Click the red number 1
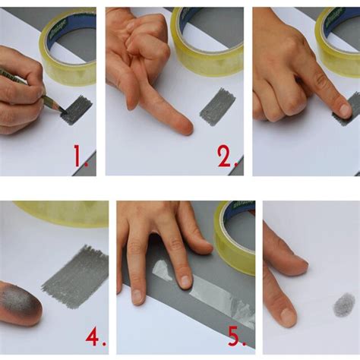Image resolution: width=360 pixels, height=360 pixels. pyautogui.click(x=80, y=156)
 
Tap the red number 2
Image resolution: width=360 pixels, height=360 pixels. pyautogui.click(x=226, y=156)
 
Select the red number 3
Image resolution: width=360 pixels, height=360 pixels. pyautogui.click(x=346, y=156)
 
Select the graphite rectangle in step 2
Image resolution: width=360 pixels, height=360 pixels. pyautogui.click(x=218, y=106)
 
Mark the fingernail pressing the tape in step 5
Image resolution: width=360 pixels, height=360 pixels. pyautogui.click(x=185, y=280)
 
